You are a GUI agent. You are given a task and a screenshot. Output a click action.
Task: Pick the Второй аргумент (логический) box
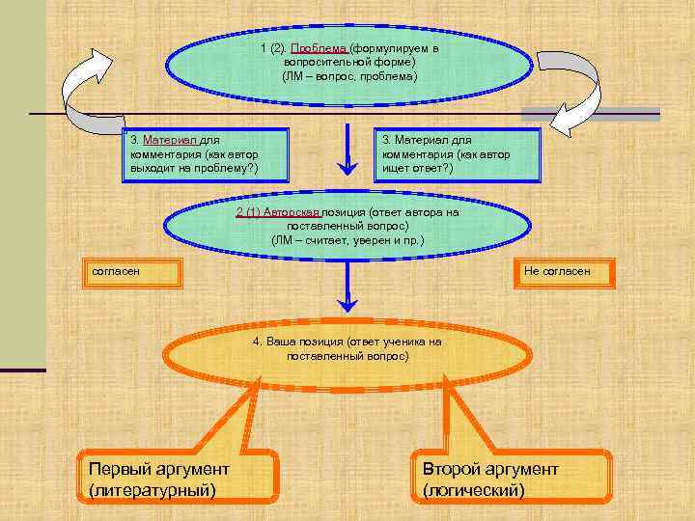(x=511, y=479)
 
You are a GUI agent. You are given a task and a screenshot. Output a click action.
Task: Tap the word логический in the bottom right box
(x=474, y=490)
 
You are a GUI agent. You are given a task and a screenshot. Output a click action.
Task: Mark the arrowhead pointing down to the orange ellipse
(x=347, y=303)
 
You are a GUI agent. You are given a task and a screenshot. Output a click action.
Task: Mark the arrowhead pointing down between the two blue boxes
(x=347, y=166)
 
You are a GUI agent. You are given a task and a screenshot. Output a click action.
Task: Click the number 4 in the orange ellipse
(x=256, y=342)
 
